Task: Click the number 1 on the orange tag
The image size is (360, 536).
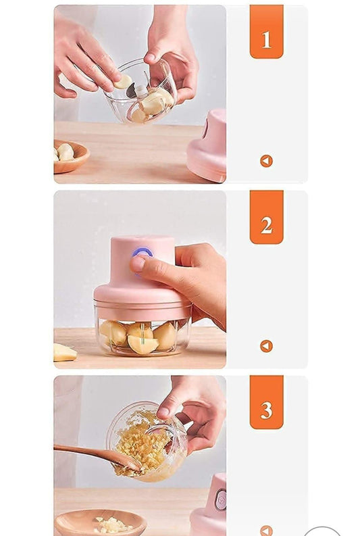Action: [x=266, y=40]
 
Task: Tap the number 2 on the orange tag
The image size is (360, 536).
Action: [x=266, y=225]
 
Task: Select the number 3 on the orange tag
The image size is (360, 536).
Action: [x=266, y=410]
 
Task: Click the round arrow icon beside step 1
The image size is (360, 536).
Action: [x=266, y=161]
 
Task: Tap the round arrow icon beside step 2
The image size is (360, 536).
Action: [x=266, y=346]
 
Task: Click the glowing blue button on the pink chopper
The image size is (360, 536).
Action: [x=143, y=253]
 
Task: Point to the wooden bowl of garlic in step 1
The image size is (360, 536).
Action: [x=69, y=156]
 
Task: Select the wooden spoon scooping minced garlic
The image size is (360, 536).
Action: [x=95, y=455]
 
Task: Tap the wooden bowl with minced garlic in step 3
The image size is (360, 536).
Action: [x=101, y=523]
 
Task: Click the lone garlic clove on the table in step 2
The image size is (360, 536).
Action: [x=64, y=352]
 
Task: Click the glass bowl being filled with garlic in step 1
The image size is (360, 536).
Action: [x=142, y=95]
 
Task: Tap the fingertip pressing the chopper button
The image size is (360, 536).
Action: [x=138, y=264]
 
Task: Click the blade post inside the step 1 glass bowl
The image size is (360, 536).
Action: [x=140, y=91]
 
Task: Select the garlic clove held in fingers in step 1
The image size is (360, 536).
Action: [x=124, y=82]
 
